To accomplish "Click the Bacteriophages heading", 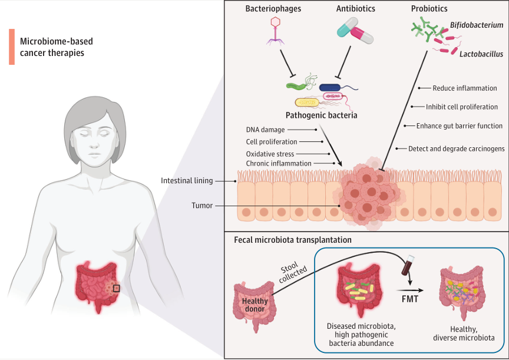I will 273,9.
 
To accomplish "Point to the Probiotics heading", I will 430,9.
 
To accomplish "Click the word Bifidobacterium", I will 477,25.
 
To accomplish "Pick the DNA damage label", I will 267,129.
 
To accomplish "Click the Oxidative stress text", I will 270,154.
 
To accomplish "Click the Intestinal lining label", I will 187,180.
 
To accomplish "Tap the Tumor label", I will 201,206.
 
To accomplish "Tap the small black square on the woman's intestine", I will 116,288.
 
